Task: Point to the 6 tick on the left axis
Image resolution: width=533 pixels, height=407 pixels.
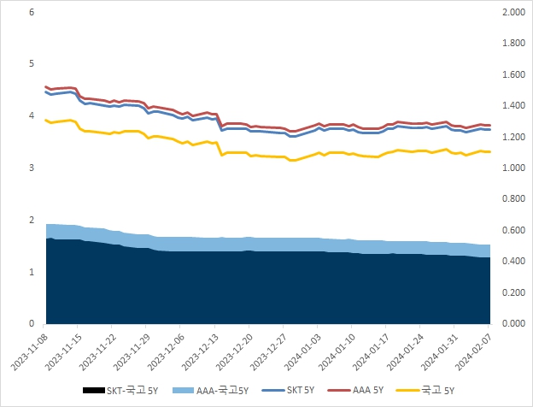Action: point(32,12)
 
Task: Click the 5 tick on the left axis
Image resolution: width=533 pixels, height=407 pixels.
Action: point(32,64)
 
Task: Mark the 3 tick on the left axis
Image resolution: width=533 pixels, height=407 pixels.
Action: point(32,168)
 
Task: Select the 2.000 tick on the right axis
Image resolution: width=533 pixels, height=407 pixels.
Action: point(511,12)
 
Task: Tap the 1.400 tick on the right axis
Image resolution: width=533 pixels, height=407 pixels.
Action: point(511,105)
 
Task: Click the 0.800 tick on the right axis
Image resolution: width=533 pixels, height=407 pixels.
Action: point(511,199)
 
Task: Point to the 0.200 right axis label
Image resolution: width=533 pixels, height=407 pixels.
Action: point(511,292)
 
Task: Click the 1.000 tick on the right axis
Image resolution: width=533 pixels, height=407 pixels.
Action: point(511,168)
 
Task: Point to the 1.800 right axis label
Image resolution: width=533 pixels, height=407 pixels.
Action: point(511,43)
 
